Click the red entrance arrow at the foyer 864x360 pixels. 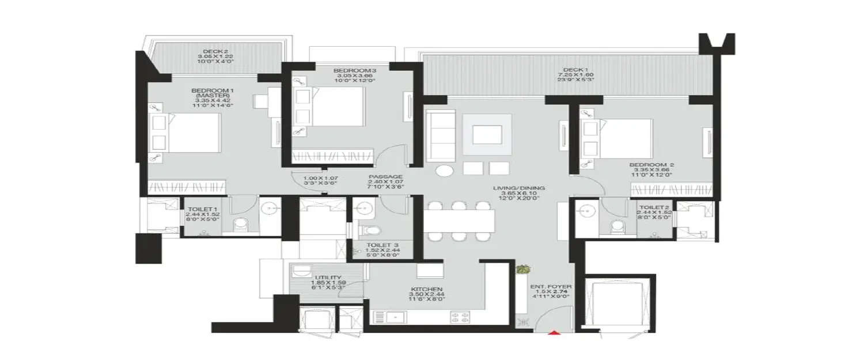[x=554, y=332]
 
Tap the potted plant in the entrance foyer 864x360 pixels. [x=523, y=270]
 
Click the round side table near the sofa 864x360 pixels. [x=444, y=171]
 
